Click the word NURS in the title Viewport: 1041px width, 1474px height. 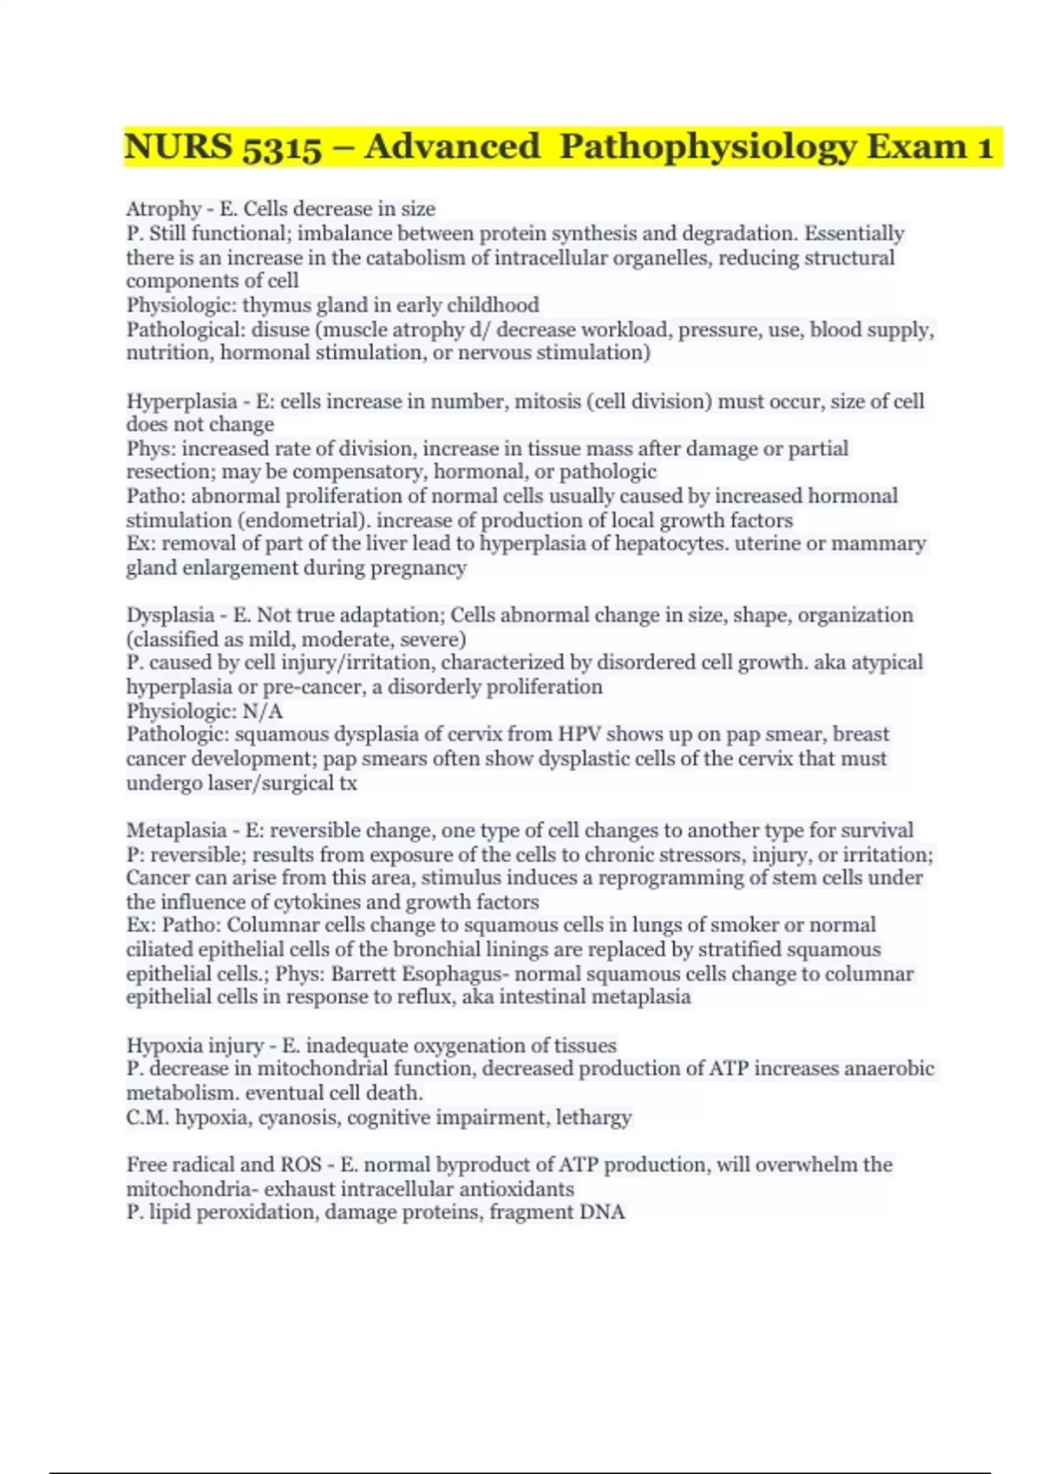pos(178,147)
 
